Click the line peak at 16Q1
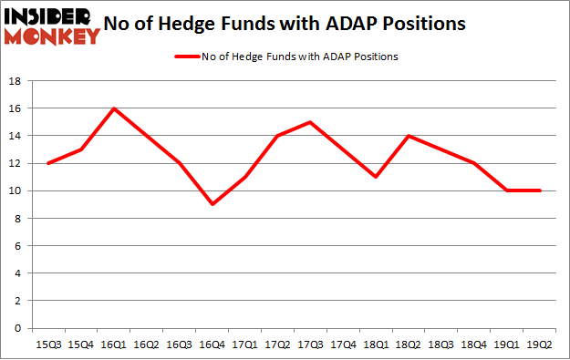pos(115,108)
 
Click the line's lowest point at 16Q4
pos(213,204)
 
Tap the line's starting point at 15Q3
pos(49,163)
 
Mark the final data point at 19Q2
pos(541,190)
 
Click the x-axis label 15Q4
pos(82,345)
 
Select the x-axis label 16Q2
pos(148,345)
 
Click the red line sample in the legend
pos(186,57)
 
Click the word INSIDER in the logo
pos(51,15)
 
